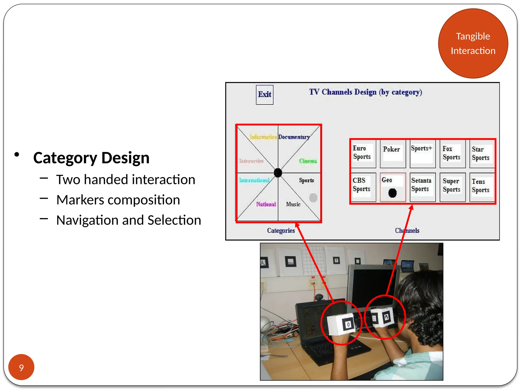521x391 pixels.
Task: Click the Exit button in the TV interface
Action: point(265,95)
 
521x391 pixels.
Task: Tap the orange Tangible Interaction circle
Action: point(473,44)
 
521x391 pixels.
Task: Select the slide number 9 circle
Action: point(21,367)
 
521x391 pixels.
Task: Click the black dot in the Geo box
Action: point(393,193)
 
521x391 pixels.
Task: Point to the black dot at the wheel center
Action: point(278,173)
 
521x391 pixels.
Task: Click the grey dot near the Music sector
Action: point(313,198)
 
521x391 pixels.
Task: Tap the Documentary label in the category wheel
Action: point(294,137)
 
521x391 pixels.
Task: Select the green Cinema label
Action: point(308,161)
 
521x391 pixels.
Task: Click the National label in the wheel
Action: point(266,204)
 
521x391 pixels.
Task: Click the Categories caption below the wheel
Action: point(281,231)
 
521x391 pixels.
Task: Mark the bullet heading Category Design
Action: point(91,158)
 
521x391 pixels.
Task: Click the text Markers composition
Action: point(118,200)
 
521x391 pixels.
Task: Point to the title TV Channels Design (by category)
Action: point(366,92)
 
